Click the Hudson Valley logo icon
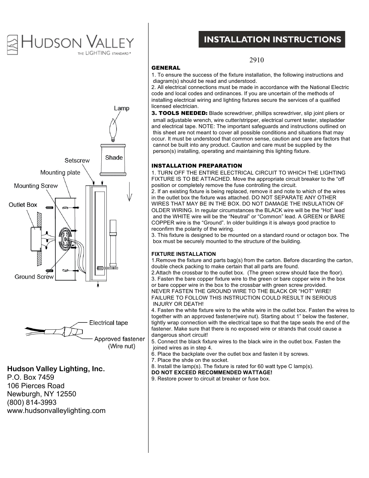click(13, 45)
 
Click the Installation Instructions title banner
click(272, 39)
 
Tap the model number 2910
click(256, 60)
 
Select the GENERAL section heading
click(166, 68)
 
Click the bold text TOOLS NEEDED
click(179, 113)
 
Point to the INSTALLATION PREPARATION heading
click(196, 166)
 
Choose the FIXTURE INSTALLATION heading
click(183, 254)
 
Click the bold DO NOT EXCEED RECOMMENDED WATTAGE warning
click(212, 372)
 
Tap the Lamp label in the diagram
click(121, 108)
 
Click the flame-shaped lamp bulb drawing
click(114, 130)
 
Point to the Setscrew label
click(77, 160)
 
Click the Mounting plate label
click(60, 173)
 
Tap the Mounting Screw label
click(36, 186)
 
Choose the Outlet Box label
click(23, 204)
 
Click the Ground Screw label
click(34, 277)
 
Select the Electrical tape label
click(108, 323)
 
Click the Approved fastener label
click(120, 339)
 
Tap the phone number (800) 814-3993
click(32, 402)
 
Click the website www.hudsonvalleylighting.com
click(56, 411)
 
